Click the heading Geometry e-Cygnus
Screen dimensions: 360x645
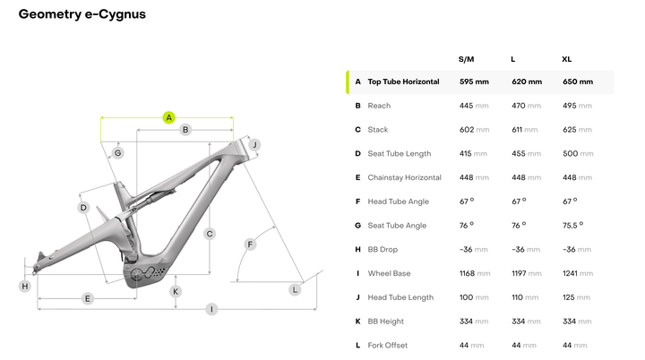pyautogui.click(x=82, y=14)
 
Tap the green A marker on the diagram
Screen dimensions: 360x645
pyautogui.click(x=168, y=117)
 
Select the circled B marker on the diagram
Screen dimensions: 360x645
pyautogui.click(x=185, y=130)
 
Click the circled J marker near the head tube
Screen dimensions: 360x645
pyautogui.click(x=254, y=144)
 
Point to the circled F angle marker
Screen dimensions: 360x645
pyautogui.click(x=251, y=244)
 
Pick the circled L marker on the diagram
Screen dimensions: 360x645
pyautogui.click(x=295, y=289)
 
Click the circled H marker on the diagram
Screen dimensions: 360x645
pyautogui.click(x=25, y=287)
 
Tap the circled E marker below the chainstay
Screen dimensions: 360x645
pyautogui.click(x=88, y=298)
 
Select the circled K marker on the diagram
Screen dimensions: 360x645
pyautogui.click(x=176, y=291)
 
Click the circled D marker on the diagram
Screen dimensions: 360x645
pyautogui.click(x=82, y=208)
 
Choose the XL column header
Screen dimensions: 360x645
pyautogui.click(x=566, y=59)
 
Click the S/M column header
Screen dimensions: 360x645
pyautogui.click(x=467, y=59)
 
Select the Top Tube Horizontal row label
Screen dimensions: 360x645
pyautogui.click(x=403, y=81)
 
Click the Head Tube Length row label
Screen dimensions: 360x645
pyautogui.click(x=400, y=297)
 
